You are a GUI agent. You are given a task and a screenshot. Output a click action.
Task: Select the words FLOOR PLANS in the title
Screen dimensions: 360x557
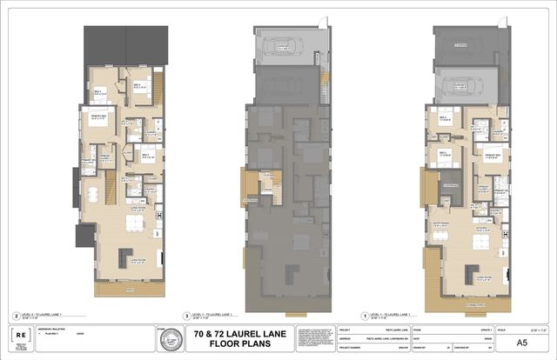click(x=234, y=343)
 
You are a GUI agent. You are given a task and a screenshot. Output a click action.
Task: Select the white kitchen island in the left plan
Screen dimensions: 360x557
click(x=133, y=224)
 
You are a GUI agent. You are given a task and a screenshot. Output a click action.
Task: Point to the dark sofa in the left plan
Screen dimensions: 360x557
click(x=121, y=257)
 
